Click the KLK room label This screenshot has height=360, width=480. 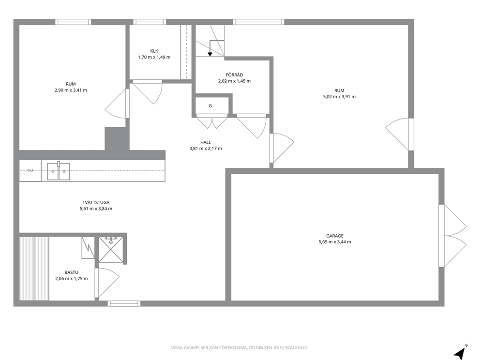pyautogui.click(x=154, y=51)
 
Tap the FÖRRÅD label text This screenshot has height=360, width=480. pyautogui.click(x=234, y=75)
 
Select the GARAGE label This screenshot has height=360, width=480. pyautogui.click(x=334, y=236)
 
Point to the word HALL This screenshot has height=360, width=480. pyautogui.click(x=206, y=142)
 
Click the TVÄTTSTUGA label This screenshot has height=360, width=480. pyautogui.click(x=96, y=202)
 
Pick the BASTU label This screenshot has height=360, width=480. pyautogui.click(x=71, y=272)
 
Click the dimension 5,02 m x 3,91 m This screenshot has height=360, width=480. pyautogui.click(x=339, y=96)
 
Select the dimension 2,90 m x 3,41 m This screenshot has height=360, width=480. pyautogui.click(x=71, y=90)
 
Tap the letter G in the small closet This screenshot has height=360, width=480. pyautogui.click(x=210, y=106)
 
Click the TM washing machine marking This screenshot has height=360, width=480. pyautogui.click(x=30, y=171)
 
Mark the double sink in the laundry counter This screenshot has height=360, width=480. pyautogui.click(x=59, y=171)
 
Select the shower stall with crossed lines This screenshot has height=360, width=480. pyautogui.click(x=110, y=250)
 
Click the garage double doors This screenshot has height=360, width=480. pyautogui.click(x=452, y=236)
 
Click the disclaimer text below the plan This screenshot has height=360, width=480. pyautogui.click(x=240, y=347)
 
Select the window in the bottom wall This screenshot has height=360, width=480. pyautogui.click(x=124, y=303)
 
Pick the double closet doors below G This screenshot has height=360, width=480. pyautogui.click(x=212, y=122)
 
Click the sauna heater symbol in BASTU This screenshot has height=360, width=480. pyautogui.click(x=88, y=248)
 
